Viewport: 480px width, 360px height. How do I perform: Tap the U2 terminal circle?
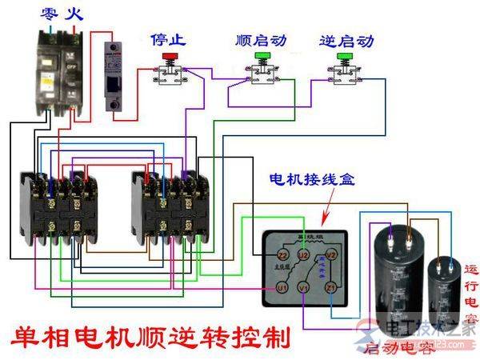(x=302, y=255)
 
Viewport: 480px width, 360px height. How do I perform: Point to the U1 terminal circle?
(x=282, y=286)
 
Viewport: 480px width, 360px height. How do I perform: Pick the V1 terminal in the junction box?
(x=302, y=286)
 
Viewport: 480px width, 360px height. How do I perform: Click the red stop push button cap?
(x=169, y=57)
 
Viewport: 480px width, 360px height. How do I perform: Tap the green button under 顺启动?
(x=262, y=57)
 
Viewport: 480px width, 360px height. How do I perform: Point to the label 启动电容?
(x=394, y=349)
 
